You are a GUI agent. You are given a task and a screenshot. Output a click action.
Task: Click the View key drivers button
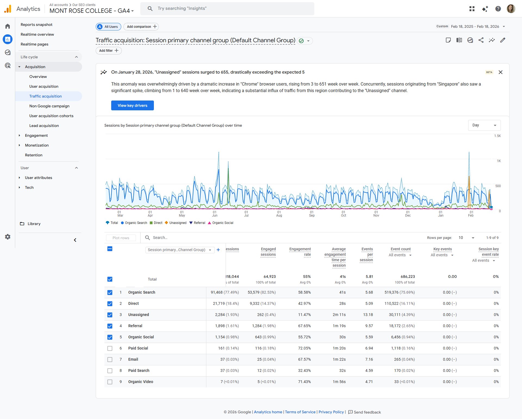(132, 105)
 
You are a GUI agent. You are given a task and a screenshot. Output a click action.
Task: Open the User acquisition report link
(44, 86)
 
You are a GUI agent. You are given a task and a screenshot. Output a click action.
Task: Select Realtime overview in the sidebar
(37, 34)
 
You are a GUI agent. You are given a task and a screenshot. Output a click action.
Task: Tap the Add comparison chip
(141, 27)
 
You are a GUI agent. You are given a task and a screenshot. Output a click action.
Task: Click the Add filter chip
(108, 51)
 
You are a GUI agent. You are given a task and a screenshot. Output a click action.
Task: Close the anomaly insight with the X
(501, 72)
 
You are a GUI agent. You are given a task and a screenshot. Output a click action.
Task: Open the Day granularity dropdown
(484, 125)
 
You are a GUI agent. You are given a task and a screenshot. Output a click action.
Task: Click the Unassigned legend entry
(178, 223)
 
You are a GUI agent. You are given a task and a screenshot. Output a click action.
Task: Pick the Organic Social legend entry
(222, 223)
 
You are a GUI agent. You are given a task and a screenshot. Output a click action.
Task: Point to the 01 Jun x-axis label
(215, 214)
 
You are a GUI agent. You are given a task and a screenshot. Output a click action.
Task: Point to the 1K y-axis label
(499, 161)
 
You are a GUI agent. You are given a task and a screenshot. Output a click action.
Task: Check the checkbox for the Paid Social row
(110, 348)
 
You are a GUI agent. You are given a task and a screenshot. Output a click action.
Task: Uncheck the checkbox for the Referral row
(110, 326)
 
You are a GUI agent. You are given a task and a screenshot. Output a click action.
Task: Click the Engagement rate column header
(300, 252)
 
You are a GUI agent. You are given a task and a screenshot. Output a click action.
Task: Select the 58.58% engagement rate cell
(304, 292)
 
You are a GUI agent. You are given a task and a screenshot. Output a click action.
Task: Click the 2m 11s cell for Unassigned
(339, 315)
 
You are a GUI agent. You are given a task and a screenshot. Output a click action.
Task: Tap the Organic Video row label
(141, 382)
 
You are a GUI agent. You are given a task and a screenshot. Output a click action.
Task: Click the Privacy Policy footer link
(331, 412)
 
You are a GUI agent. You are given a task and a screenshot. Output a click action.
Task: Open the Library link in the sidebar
(34, 224)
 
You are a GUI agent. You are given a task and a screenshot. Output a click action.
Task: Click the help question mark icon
(498, 9)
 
